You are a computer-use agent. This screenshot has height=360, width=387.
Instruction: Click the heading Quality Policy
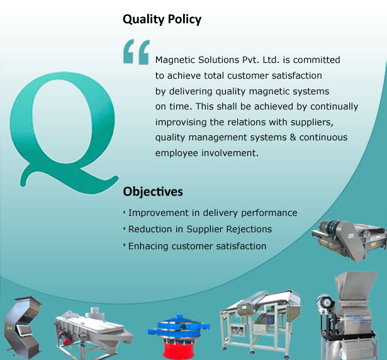point(162,20)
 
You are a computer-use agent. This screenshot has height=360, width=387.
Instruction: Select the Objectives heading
point(153,191)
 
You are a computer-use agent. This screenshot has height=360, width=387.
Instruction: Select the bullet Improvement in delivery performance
point(213,213)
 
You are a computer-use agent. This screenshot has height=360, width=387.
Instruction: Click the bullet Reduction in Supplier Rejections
point(199,229)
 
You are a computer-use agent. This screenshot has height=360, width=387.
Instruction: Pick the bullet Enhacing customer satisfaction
point(197,246)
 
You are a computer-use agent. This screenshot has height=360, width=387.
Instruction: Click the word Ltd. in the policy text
point(271,60)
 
